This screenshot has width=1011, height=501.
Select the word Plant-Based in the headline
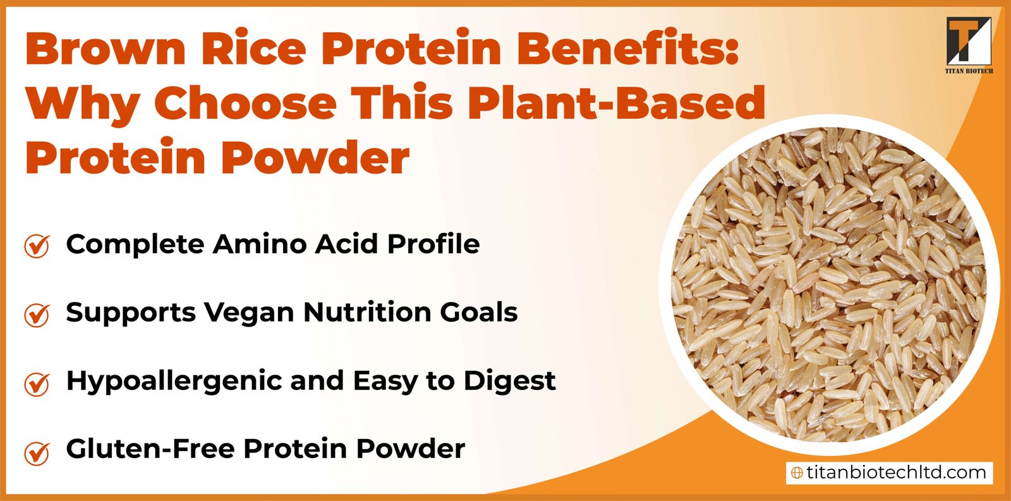[x=616, y=103]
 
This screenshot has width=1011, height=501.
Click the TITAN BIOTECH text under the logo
[x=968, y=71]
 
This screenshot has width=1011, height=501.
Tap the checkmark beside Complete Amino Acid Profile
[x=37, y=246]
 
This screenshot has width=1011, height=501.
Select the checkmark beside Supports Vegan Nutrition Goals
[x=37, y=314]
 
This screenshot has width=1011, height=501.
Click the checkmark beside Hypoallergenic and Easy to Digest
[x=37, y=383]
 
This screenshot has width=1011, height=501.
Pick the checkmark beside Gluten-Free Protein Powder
[x=37, y=451]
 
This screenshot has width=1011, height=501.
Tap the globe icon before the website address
[x=797, y=473]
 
